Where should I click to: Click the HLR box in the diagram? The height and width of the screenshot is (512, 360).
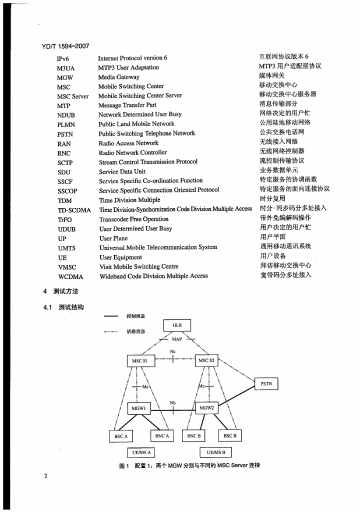[x=177, y=325]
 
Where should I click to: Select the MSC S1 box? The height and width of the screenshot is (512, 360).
[x=139, y=360]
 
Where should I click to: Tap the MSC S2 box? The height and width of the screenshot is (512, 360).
[x=205, y=360]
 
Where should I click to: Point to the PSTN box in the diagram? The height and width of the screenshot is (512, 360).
[x=266, y=384]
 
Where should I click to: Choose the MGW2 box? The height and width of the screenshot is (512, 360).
[x=206, y=408]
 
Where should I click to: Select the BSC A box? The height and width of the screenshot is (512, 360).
[x=121, y=436]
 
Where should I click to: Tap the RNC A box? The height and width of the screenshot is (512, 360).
[x=162, y=436]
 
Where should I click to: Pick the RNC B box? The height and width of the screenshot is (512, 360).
[x=194, y=436]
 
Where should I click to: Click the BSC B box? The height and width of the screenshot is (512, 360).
[x=229, y=436]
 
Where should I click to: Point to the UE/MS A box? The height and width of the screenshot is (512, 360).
[x=140, y=453]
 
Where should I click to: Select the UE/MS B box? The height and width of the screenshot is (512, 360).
[x=215, y=453]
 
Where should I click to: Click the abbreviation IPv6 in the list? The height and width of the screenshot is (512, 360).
[x=63, y=58]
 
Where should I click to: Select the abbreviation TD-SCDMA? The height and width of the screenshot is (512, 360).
[x=74, y=210]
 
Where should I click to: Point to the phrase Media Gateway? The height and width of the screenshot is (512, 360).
[x=118, y=77]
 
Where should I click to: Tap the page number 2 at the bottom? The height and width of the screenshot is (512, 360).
[x=45, y=475]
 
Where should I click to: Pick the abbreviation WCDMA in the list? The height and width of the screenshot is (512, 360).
[x=70, y=276]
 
